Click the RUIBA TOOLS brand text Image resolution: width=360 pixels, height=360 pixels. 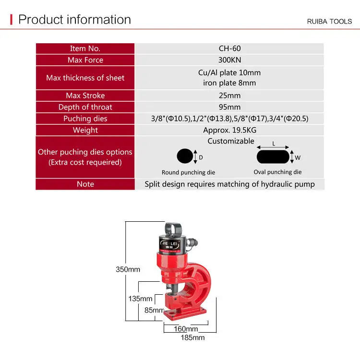coord(329,22)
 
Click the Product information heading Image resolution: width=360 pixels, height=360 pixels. coord(74,20)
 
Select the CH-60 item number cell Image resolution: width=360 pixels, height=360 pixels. coord(229,48)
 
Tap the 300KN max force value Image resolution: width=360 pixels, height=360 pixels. coord(229,60)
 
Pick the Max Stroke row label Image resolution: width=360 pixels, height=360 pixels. coord(85,96)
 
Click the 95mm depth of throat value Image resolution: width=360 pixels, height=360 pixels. coord(229,107)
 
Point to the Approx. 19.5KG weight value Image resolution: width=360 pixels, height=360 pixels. coord(229,130)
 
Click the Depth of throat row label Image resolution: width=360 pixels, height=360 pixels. coord(85,107)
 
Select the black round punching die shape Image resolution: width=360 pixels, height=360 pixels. coord(185,157)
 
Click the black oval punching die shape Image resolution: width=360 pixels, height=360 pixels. coord(273,157)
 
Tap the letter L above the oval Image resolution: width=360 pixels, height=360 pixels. coord(274,144)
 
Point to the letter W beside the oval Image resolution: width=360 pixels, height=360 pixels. coord(297,157)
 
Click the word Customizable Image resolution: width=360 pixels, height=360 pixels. coord(231,141)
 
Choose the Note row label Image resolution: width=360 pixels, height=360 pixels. coord(85,184)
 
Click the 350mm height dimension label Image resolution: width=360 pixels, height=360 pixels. coord(128,269)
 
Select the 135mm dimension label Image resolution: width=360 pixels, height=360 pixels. coord(140,299)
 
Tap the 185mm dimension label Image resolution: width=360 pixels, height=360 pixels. coord(192,337)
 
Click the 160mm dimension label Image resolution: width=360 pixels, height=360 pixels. coord(186,329)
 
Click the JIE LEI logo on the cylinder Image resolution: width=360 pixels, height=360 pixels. coord(173,243)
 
